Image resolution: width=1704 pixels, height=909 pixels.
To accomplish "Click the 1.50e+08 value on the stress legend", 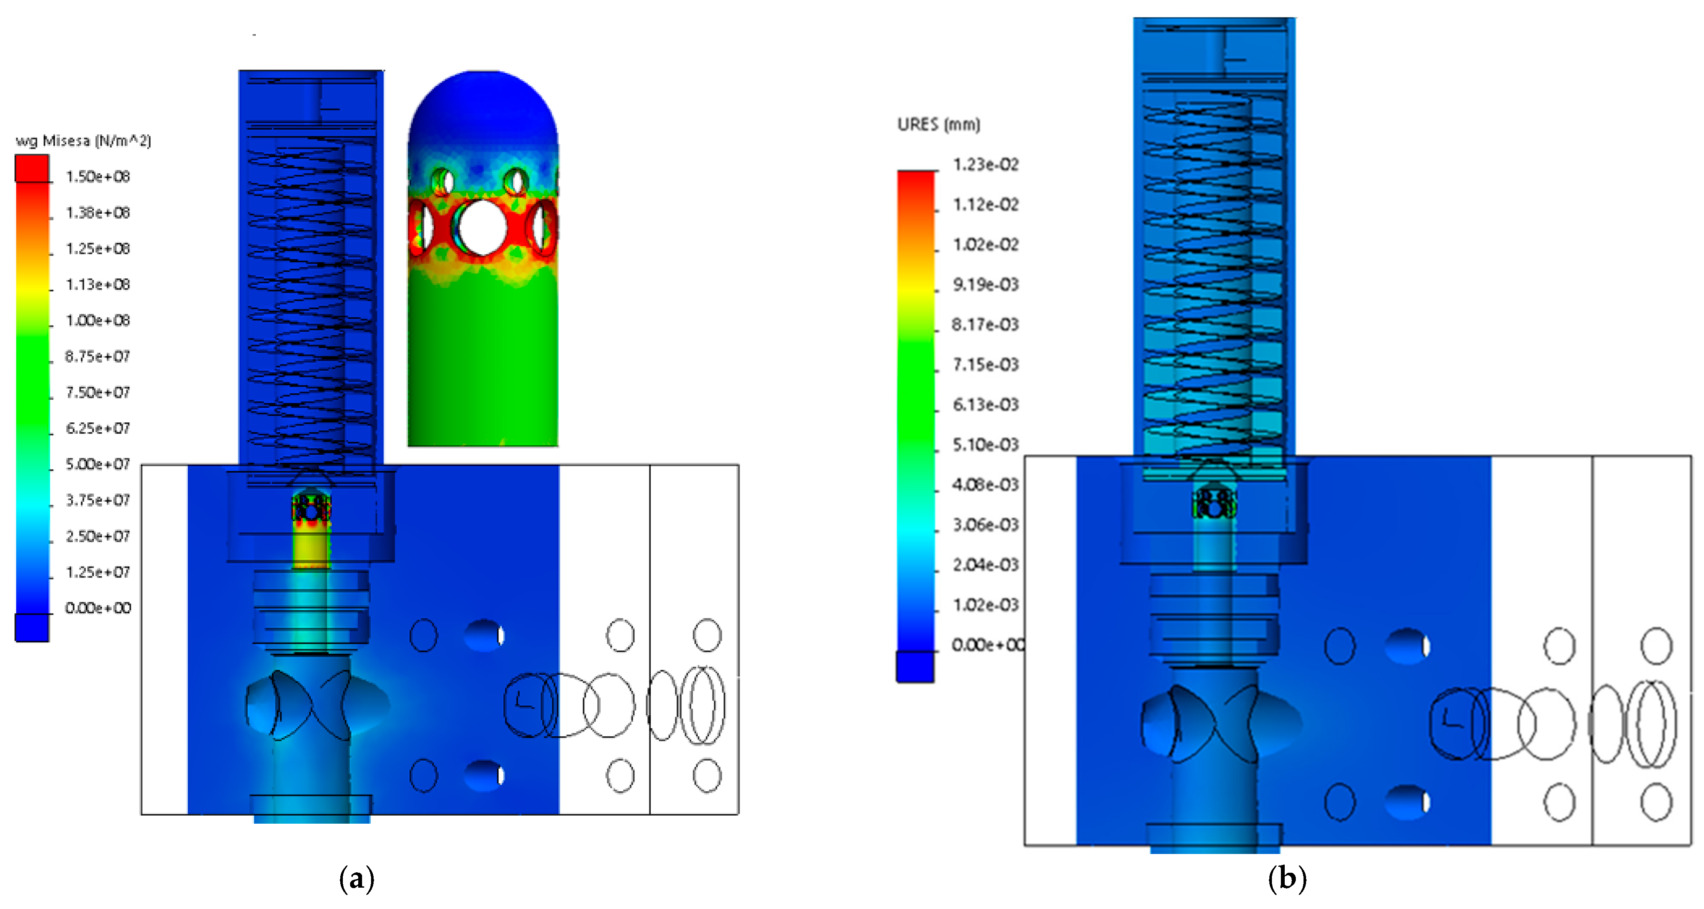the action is click(x=98, y=177).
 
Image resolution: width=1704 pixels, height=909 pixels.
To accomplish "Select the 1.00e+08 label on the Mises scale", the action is click(x=98, y=321).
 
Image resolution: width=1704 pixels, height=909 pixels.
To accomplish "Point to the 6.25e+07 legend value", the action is click(x=98, y=428).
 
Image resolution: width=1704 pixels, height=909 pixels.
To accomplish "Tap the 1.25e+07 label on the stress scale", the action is click(x=98, y=572).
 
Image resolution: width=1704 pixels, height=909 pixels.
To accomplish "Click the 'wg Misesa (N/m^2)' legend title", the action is click(x=83, y=141).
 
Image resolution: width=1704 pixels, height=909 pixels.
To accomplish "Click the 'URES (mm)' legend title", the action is click(x=938, y=124).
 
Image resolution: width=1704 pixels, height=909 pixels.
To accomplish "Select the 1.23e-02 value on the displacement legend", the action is click(x=985, y=165).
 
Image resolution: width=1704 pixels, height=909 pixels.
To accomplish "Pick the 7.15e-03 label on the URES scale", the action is click(x=985, y=365).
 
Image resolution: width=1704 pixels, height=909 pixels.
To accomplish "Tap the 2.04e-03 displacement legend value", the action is click(x=985, y=565).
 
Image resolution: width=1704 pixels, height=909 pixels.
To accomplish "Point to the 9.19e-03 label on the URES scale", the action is click(x=985, y=285).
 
